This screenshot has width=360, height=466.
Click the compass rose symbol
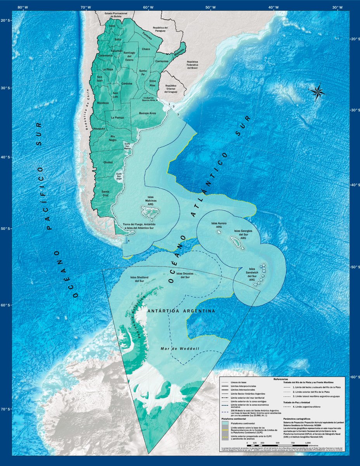click(x=317, y=92)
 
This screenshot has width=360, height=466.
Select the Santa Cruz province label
click(x=105, y=193)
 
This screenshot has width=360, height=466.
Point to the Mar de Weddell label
click(x=180, y=349)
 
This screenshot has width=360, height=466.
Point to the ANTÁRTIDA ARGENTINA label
click(x=181, y=311)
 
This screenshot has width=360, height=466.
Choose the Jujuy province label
click(x=112, y=26)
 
